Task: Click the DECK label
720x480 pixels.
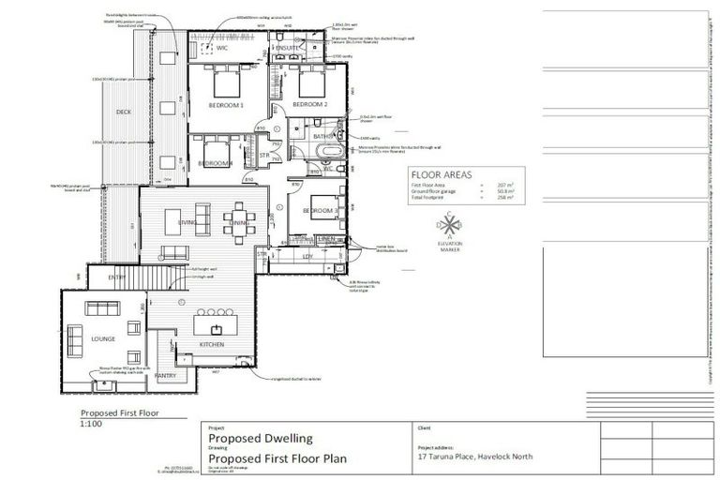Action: tap(124, 112)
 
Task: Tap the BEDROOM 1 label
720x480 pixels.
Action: tap(225, 106)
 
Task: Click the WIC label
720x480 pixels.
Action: tap(222, 48)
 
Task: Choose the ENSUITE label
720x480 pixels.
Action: tap(287, 47)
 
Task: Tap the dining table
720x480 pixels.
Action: tap(237, 221)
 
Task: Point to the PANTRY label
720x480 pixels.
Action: tap(178, 375)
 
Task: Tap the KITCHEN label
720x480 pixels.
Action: tap(212, 345)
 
